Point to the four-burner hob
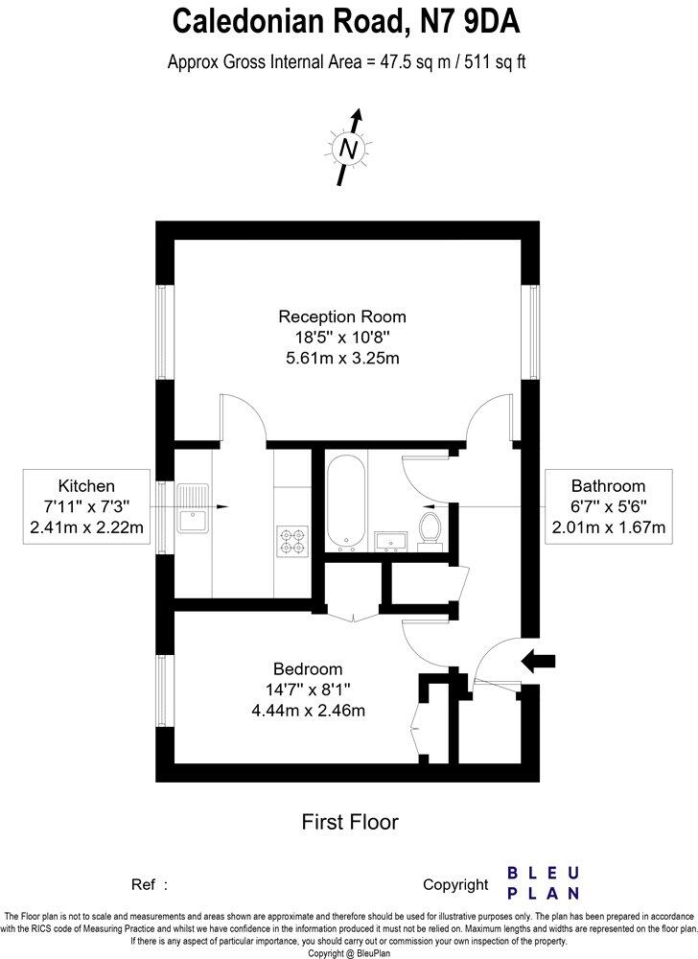[x=291, y=540]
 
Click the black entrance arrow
[x=538, y=660]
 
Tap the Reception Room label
[x=342, y=316]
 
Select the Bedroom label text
[x=308, y=668]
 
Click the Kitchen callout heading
[x=86, y=485]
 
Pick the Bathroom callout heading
[x=608, y=485]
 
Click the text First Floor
[x=349, y=821]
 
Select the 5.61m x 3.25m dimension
[x=342, y=359]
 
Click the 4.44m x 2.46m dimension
[x=308, y=711]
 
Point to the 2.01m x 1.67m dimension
[x=608, y=527]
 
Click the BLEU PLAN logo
[x=543, y=882]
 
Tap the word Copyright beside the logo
[x=455, y=884]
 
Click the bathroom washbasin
[x=390, y=541]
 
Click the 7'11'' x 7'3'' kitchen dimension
[x=86, y=506]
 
